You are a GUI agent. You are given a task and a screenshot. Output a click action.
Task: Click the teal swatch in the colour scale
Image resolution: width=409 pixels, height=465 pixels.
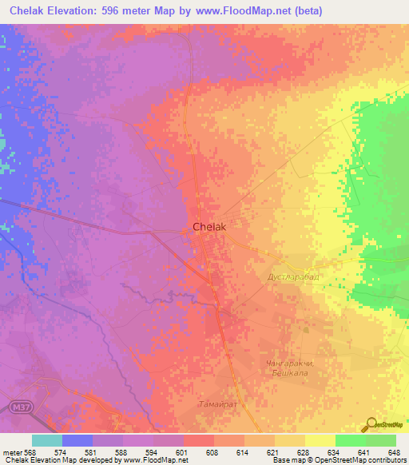tap(47, 440)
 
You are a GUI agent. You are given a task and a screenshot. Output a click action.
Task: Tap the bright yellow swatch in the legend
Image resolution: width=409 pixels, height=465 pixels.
tap(320, 440)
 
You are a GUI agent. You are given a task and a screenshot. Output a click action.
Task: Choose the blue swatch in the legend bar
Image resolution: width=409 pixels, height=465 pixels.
tap(77, 440)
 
